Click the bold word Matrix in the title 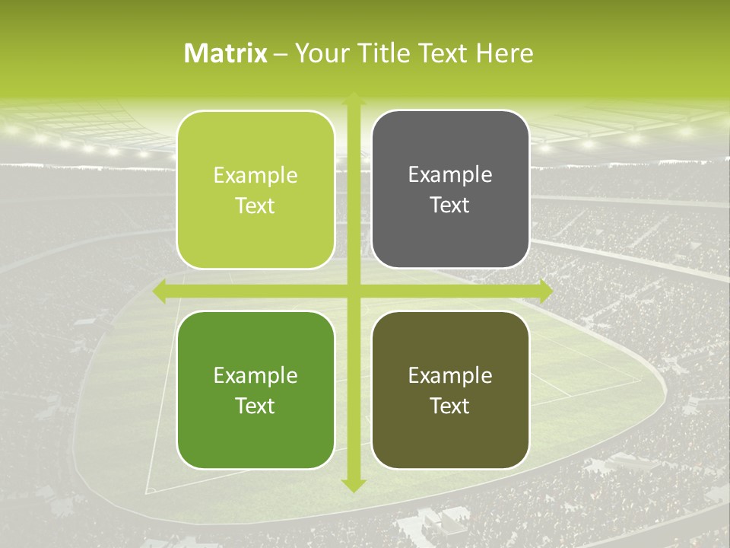[226, 53]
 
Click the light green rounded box [255, 190]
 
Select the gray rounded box [450, 190]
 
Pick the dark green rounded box [255, 390]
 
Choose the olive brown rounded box [450, 390]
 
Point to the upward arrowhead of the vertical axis [353, 100]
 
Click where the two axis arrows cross [353, 292]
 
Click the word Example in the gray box [450, 175]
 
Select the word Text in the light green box [255, 205]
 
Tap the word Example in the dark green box [255, 375]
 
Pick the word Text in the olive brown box [450, 406]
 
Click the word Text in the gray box [450, 205]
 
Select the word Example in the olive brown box [450, 375]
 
